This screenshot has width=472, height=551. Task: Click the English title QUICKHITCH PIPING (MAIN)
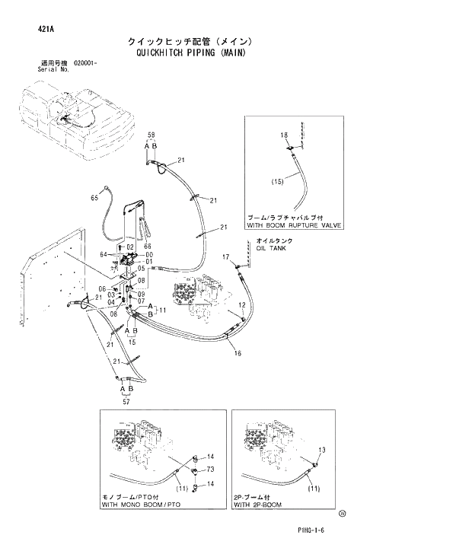point(193,54)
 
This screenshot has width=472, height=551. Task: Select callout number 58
point(151,135)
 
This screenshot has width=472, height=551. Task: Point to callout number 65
point(94,198)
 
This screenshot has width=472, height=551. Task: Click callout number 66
point(148,246)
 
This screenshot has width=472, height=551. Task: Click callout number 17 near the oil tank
point(225,258)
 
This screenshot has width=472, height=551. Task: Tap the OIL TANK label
point(271,248)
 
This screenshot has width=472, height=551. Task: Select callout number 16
point(238,353)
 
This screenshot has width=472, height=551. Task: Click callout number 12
point(241,304)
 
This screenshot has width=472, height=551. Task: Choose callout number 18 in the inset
point(284,135)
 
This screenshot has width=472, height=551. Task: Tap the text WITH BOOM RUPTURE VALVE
point(294,226)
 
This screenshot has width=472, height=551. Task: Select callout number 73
point(210,469)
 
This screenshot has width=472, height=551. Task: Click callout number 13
point(321,450)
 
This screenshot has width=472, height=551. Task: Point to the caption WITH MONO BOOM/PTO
point(142,505)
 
